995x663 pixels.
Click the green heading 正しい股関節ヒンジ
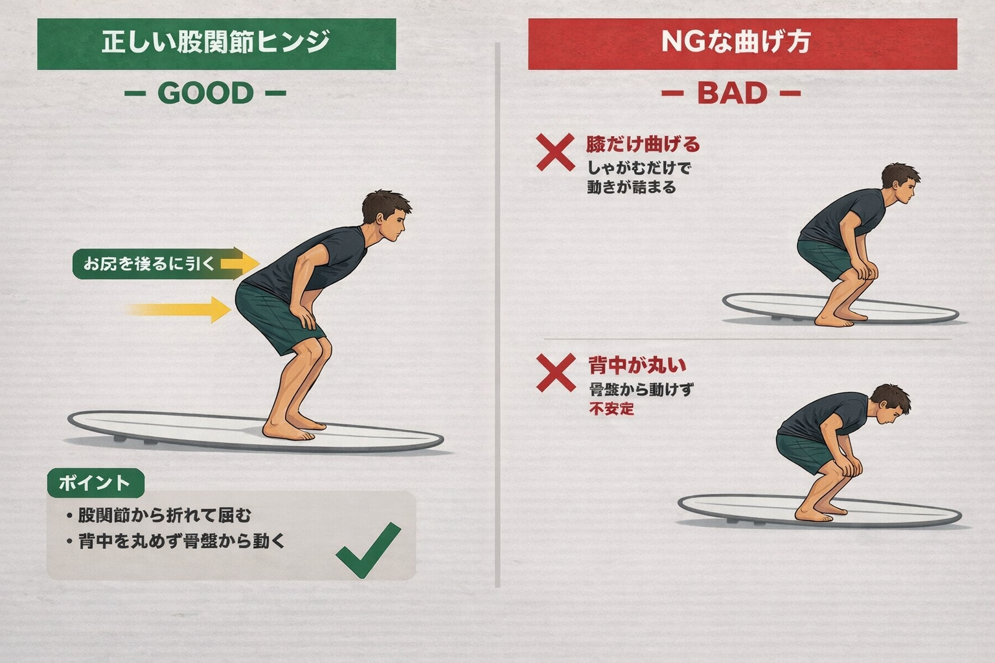click(216, 43)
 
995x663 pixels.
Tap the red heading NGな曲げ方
click(737, 42)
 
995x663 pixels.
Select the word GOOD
click(205, 93)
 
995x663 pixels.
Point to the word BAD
click(732, 93)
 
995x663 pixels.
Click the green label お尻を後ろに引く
click(149, 264)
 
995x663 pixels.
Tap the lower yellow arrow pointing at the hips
click(179, 309)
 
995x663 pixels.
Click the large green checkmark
click(368, 550)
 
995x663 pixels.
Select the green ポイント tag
click(95, 483)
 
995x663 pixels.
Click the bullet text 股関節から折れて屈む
click(165, 515)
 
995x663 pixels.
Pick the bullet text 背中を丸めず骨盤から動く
click(181, 541)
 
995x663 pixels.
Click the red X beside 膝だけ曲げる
click(555, 153)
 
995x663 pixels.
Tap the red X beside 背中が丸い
click(556, 373)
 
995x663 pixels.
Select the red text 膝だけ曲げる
click(643, 144)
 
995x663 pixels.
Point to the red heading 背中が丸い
click(637, 365)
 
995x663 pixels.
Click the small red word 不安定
click(612, 409)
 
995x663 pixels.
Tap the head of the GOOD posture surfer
click(385, 216)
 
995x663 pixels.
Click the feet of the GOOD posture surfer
click(294, 427)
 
